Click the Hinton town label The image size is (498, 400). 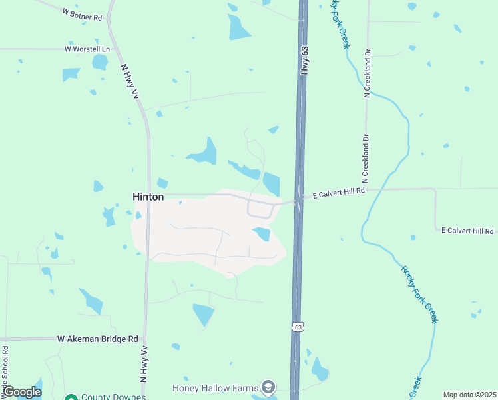(148, 197)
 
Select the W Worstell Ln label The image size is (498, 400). (87, 49)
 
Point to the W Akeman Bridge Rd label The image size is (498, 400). (97, 339)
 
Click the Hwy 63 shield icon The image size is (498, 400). (297, 327)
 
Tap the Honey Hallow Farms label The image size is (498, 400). (215, 387)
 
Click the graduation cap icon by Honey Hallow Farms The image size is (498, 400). (268, 387)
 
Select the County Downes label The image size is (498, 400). (113, 397)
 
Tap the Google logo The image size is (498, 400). (21, 392)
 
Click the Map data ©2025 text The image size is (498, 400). (469, 395)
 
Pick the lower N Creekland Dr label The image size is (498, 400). (365, 159)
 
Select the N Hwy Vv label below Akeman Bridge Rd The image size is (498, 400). (143, 363)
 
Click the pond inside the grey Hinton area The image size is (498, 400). (262, 233)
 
